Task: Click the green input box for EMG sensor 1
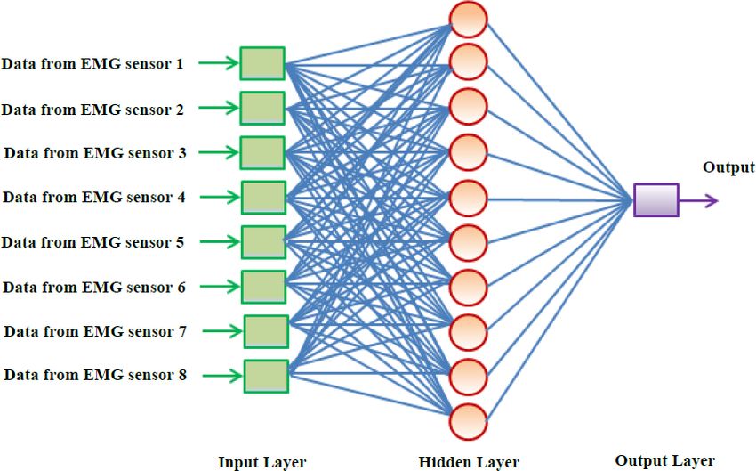tap(262, 63)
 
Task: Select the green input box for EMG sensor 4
tap(264, 198)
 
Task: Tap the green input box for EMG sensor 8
tap(266, 376)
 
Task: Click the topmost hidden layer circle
tap(468, 19)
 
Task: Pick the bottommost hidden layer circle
tap(468, 422)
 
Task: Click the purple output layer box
tap(656, 199)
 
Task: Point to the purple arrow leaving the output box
tap(698, 200)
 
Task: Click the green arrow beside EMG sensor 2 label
tap(219, 108)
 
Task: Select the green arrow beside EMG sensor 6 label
tap(220, 287)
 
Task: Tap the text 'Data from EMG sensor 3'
tap(95, 153)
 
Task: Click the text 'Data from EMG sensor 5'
tap(93, 242)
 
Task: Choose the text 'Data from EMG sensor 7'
tap(95, 331)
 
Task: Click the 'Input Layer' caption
tap(262, 462)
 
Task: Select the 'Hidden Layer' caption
tap(469, 462)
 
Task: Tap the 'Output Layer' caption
tap(665, 460)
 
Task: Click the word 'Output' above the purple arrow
tap(728, 167)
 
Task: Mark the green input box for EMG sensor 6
tap(264, 287)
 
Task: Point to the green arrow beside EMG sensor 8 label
tap(222, 376)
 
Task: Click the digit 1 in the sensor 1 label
tap(180, 64)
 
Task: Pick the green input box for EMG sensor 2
tap(262, 108)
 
